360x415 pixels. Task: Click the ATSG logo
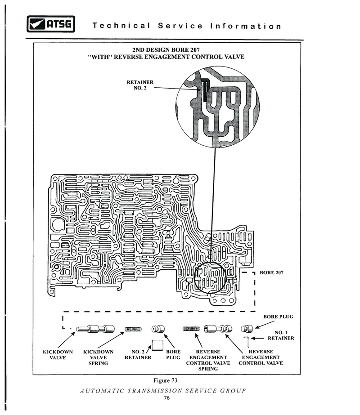pos(51,24)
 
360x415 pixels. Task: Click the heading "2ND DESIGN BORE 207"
pos(166,50)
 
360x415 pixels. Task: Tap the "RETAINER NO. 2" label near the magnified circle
pos(140,85)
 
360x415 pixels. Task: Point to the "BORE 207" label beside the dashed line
pos(271,272)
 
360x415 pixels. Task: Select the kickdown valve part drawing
pos(95,329)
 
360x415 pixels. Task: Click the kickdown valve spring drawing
pos(133,329)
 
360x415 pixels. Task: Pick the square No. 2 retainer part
pos(157,345)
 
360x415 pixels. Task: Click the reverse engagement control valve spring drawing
pos(191,329)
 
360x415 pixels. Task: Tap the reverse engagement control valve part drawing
pos(218,329)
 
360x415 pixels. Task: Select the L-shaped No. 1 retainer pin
pos(247,341)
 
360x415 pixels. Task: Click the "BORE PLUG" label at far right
pos(278,317)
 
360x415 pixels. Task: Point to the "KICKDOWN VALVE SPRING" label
pos(98,357)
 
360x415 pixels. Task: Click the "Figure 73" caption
pos(165,380)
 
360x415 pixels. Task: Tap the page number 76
pos(166,398)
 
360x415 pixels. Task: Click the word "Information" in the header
pos(246,26)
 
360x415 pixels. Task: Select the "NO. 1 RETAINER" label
pos(281,335)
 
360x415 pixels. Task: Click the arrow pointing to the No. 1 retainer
pos(257,338)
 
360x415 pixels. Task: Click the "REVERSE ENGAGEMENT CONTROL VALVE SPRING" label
pos(208,360)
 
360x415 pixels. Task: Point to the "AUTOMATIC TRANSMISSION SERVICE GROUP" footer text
pos(163,391)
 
